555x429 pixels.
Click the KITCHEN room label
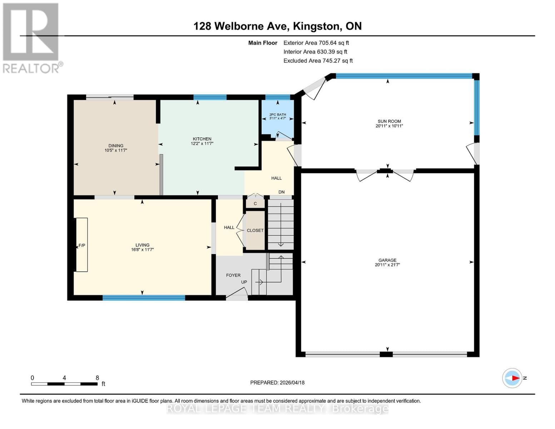(202, 139)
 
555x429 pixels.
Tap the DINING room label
(116, 146)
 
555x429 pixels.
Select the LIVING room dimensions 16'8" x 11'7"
(142, 250)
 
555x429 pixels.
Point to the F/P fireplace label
(82, 245)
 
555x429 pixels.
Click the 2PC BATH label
(278, 114)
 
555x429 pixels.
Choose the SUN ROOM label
(389, 121)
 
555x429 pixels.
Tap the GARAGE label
(387, 260)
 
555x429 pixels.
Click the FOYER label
(233, 275)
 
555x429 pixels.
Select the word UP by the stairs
(244, 282)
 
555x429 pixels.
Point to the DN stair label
(282, 192)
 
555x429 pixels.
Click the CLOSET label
(255, 231)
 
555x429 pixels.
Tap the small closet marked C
(255, 204)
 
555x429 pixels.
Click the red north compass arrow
(515, 378)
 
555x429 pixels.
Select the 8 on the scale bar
(97, 378)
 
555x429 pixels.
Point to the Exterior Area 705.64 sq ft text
(316, 43)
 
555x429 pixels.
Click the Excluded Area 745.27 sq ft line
(318, 61)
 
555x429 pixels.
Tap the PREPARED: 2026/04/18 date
(277, 383)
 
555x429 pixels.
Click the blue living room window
(144, 297)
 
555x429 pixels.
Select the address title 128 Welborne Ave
(242, 26)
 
